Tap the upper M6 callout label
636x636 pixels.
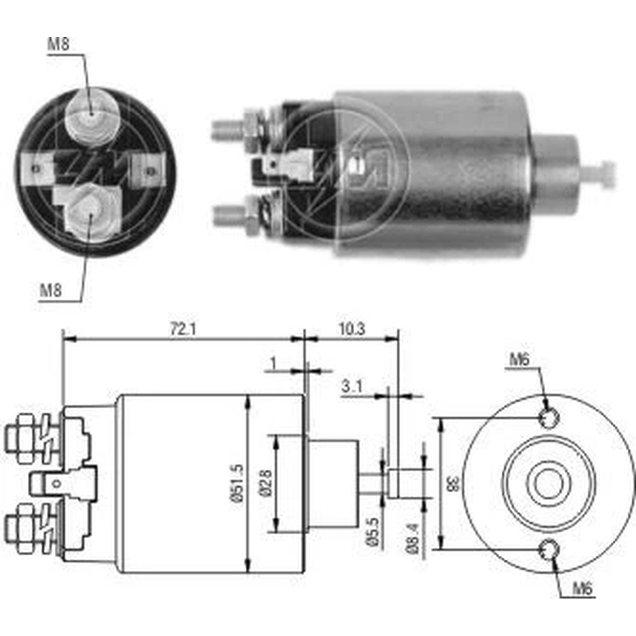pyautogui.click(x=519, y=359)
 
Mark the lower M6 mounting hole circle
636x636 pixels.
pyautogui.click(x=550, y=550)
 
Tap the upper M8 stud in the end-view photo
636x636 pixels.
pyautogui.click(x=92, y=114)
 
